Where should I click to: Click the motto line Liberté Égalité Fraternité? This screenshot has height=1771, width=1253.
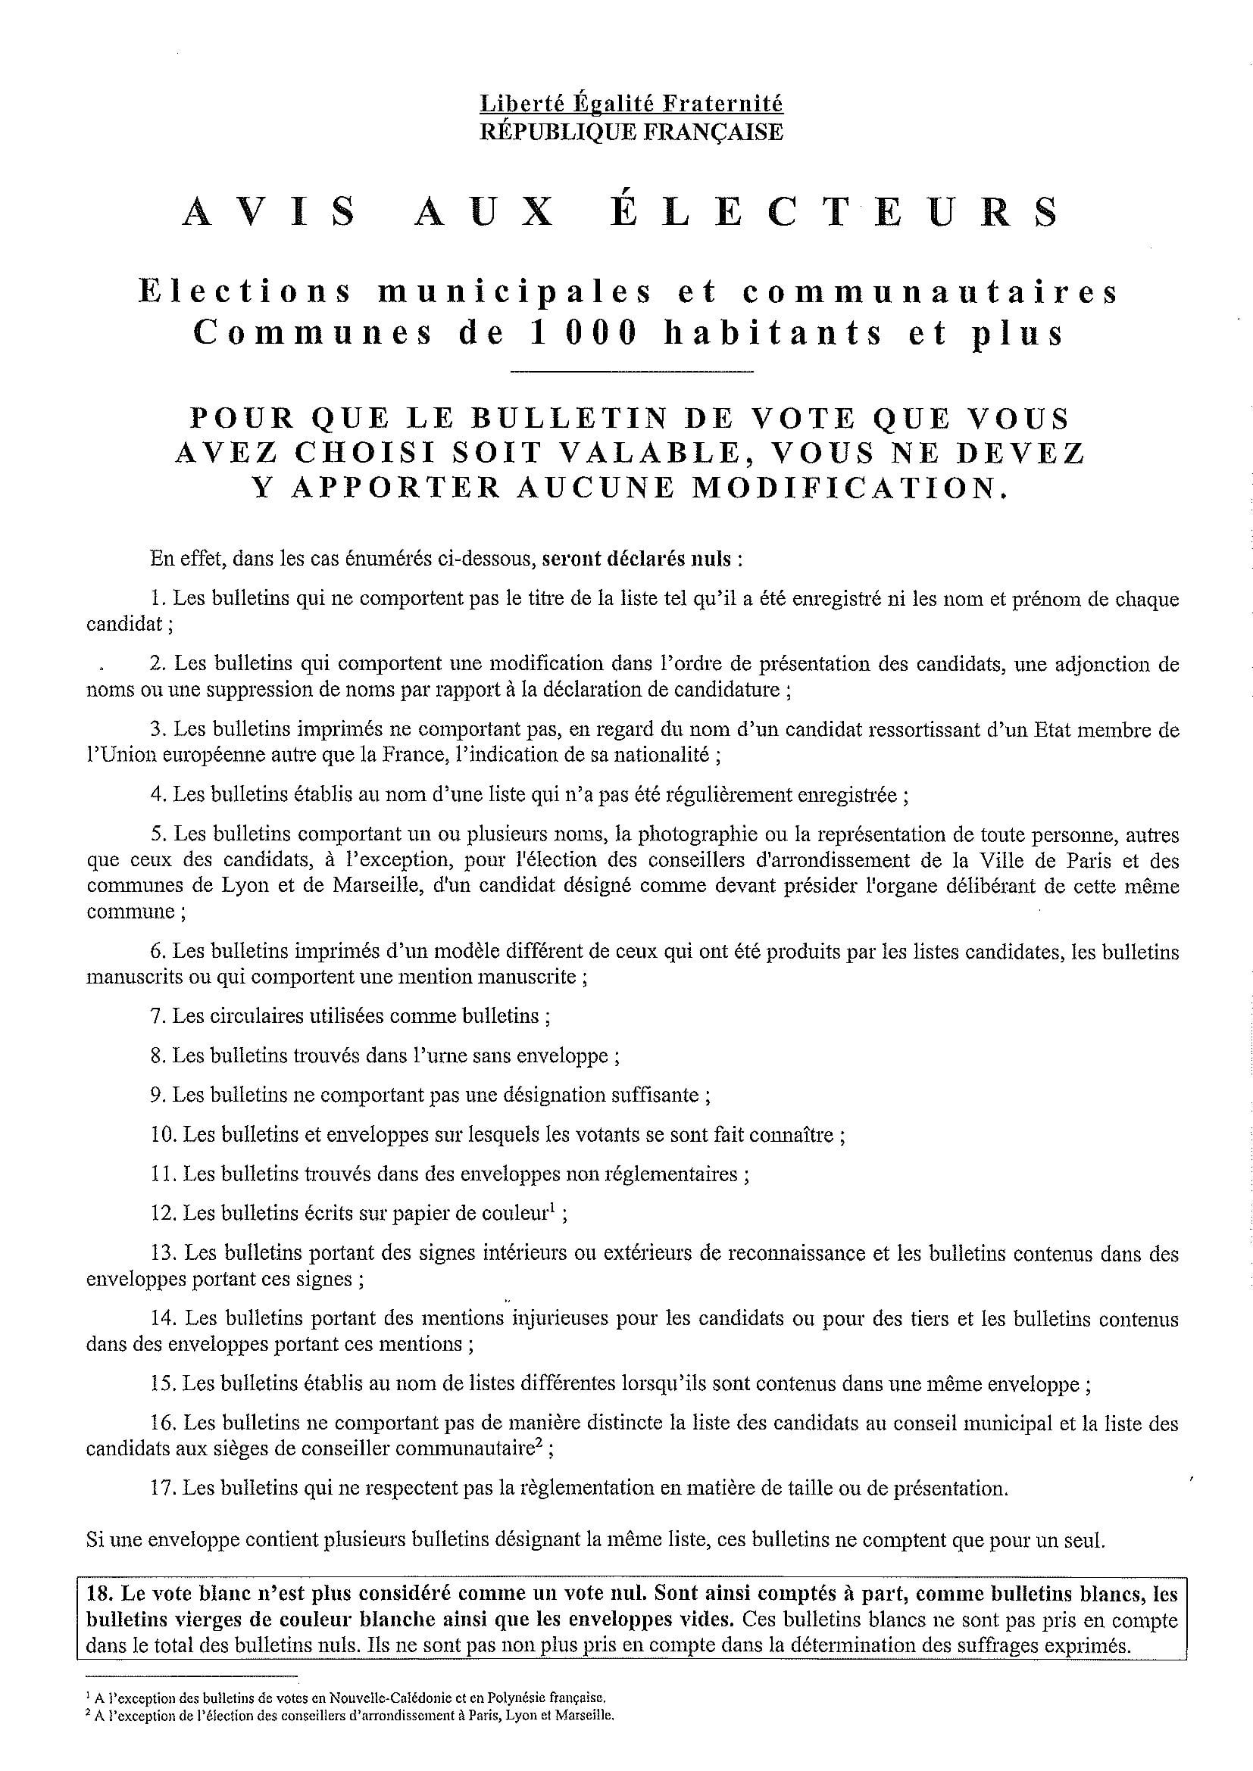point(631,104)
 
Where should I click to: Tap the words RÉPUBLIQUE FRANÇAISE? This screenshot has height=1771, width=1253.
point(631,132)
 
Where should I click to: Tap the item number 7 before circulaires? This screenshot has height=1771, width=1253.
point(158,1016)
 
